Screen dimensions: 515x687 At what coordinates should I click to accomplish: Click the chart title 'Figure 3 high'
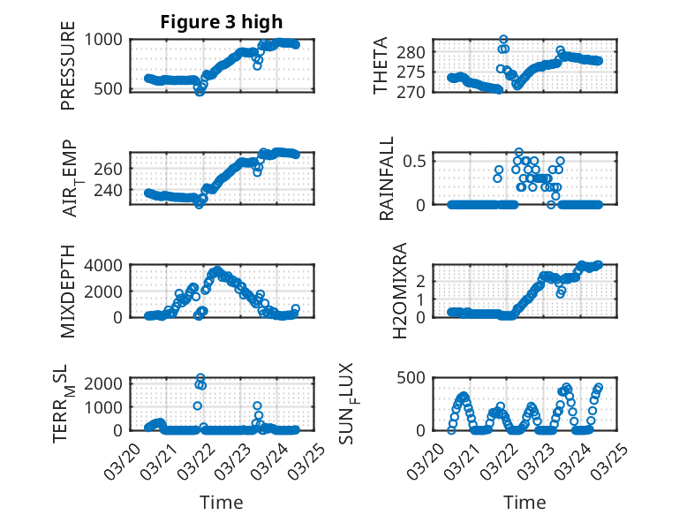(222, 22)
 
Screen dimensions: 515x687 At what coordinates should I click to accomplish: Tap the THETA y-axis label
(381, 65)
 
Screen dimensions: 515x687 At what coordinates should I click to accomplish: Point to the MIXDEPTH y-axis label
(68, 292)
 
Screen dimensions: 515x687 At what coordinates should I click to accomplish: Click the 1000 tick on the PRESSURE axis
(108, 39)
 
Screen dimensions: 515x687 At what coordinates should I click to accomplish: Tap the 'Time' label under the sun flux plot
(525, 503)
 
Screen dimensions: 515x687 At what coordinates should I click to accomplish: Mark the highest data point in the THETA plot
(503, 40)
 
